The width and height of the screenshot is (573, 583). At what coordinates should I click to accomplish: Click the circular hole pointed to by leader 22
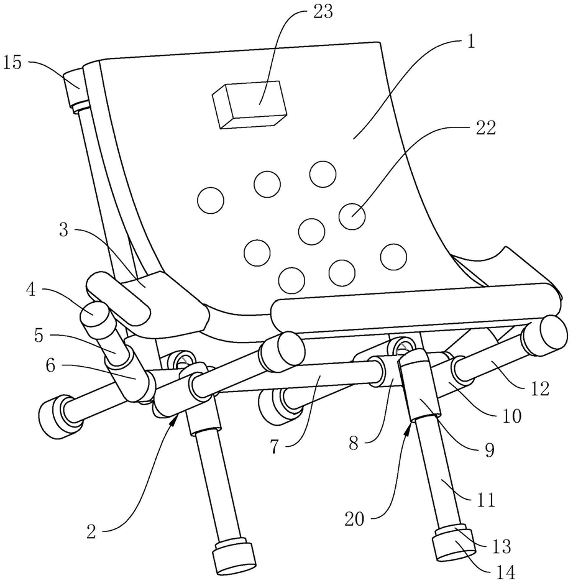pyautogui.click(x=352, y=215)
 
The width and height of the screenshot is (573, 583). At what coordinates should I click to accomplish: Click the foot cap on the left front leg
pyautogui.click(x=234, y=557)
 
